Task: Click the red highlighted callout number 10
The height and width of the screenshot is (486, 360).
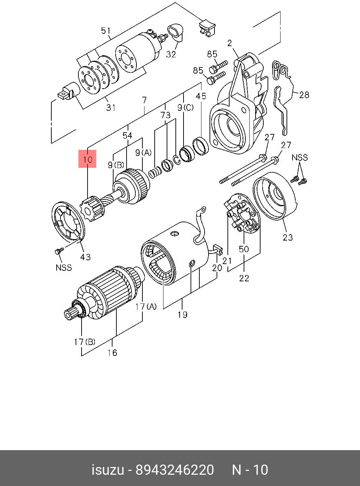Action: [87, 159]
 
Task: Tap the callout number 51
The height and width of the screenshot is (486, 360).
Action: [106, 31]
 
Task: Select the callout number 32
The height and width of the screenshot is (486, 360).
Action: [171, 54]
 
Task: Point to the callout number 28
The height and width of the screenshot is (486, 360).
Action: [304, 95]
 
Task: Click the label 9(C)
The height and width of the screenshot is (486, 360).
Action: [185, 108]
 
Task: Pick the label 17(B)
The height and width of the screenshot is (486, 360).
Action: [84, 341]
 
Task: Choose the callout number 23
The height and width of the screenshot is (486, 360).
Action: [288, 237]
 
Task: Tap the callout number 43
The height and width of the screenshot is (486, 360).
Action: [85, 257]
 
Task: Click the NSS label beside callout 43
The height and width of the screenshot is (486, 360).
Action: [64, 268]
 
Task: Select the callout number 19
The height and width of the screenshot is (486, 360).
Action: [182, 314]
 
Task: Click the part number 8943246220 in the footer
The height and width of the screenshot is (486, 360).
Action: [175, 470]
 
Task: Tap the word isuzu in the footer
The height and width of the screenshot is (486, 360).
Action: [108, 470]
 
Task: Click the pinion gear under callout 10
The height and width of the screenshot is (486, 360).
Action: [92, 210]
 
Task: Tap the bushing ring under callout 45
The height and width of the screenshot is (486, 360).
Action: [201, 146]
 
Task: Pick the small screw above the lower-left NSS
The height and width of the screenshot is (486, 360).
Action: [59, 251]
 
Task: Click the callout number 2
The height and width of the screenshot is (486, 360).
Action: [230, 43]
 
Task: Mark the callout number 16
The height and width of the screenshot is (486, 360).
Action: [112, 353]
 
